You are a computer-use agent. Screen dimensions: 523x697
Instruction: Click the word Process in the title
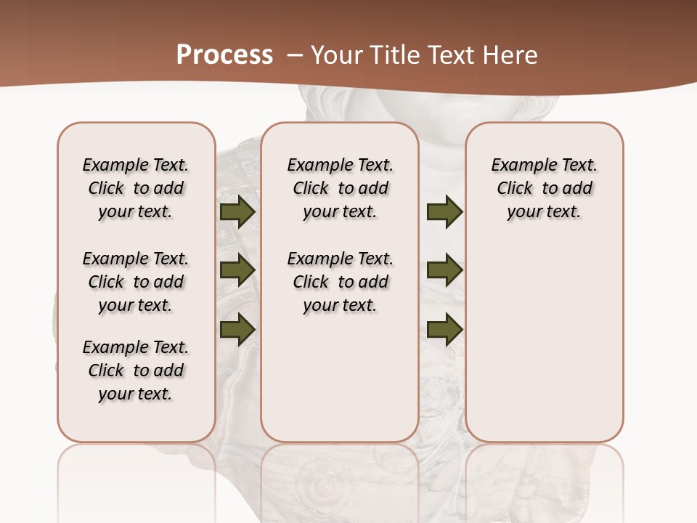pyautogui.click(x=224, y=55)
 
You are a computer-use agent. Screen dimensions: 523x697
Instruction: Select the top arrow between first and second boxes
pyautogui.click(x=237, y=212)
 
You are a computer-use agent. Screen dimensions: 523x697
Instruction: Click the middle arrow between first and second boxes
pyautogui.click(x=237, y=270)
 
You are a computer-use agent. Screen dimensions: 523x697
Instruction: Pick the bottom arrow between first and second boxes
pyautogui.click(x=237, y=329)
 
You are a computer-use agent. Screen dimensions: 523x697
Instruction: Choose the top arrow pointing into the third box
pyautogui.click(x=444, y=212)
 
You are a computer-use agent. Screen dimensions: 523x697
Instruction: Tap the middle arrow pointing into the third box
pyautogui.click(x=444, y=270)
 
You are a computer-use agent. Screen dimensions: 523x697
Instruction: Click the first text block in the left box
pyautogui.click(x=136, y=188)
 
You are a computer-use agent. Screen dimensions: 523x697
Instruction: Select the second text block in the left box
pyautogui.click(x=136, y=282)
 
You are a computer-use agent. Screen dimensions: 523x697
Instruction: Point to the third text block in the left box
pyautogui.click(x=136, y=370)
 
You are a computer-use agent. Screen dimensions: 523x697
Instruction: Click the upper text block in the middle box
pyautogui.click(x=340, y=188)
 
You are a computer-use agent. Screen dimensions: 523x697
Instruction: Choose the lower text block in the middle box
pyautogui.click(x=340, y=282)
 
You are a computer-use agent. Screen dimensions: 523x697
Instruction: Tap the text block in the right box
pyautogui.click(x=544, y=188)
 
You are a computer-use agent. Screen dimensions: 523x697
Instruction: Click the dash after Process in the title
pyautogui.click(x=295, y=55)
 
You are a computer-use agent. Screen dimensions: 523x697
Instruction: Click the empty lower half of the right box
pyautogui.click(x=544, y=349)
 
